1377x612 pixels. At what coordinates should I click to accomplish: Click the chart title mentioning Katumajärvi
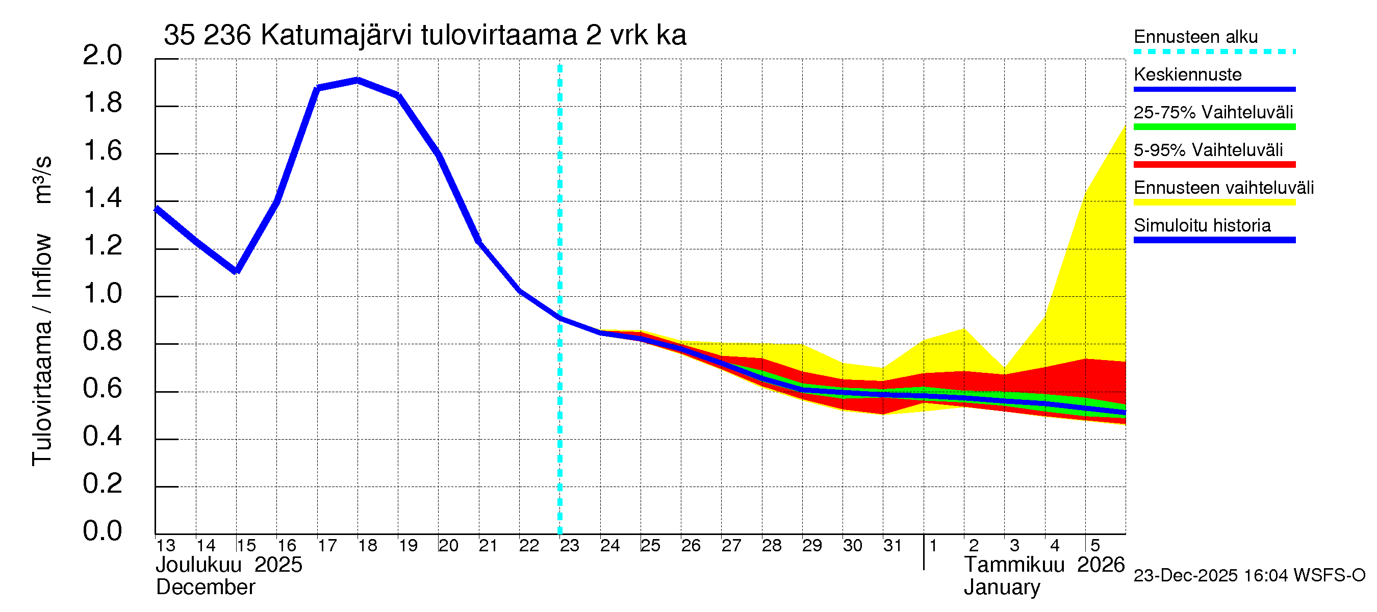424,35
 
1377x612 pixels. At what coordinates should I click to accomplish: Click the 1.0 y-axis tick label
102,293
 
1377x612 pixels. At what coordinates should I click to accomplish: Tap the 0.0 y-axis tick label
102,531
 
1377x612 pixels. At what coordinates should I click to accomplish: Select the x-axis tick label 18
367,546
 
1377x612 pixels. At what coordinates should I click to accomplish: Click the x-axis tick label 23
569,546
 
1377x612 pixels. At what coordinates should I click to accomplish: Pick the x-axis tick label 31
892,546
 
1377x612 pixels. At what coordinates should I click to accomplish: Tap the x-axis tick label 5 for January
1095,546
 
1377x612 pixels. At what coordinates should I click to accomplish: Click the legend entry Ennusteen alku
1195,37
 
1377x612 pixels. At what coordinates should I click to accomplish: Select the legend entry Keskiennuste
1187,74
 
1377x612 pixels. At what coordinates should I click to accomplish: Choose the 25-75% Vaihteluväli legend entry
1213,112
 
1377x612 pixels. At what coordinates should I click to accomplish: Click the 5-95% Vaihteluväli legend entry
1208,150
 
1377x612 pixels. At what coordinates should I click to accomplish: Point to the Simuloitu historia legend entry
1202,225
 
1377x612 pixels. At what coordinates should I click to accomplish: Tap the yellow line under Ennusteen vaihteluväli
1214,202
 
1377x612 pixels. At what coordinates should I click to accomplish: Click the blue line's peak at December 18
358,80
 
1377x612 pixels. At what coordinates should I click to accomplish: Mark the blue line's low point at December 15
236,271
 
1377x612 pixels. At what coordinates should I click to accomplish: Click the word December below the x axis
205,588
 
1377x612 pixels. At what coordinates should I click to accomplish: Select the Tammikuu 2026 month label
1044,565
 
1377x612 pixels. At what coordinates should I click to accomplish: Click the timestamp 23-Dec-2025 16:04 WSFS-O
1249,576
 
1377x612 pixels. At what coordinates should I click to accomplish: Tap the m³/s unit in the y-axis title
42,180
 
